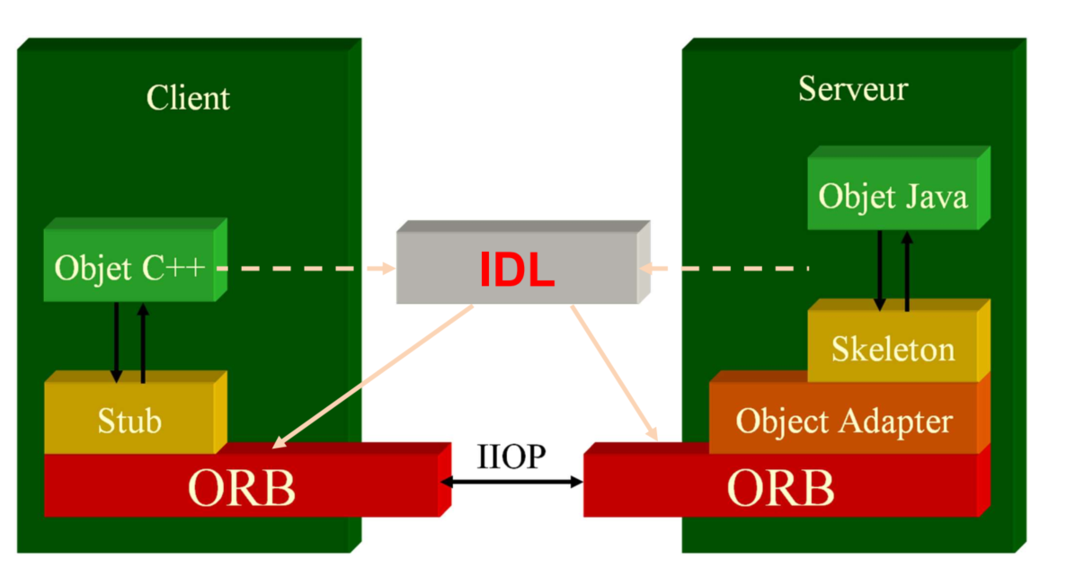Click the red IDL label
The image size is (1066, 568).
click(516, 269)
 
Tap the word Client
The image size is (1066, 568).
click(188, 97)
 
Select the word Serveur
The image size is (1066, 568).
click(852, 89)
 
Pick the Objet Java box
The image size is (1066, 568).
click(893, 195)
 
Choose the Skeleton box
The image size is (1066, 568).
click(893, 348)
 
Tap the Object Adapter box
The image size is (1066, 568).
click(843, 420)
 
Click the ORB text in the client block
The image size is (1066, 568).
click(241, 487)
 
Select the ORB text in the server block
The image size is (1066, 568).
click(780, 487)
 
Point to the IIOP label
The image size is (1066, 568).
click(511, 457)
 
